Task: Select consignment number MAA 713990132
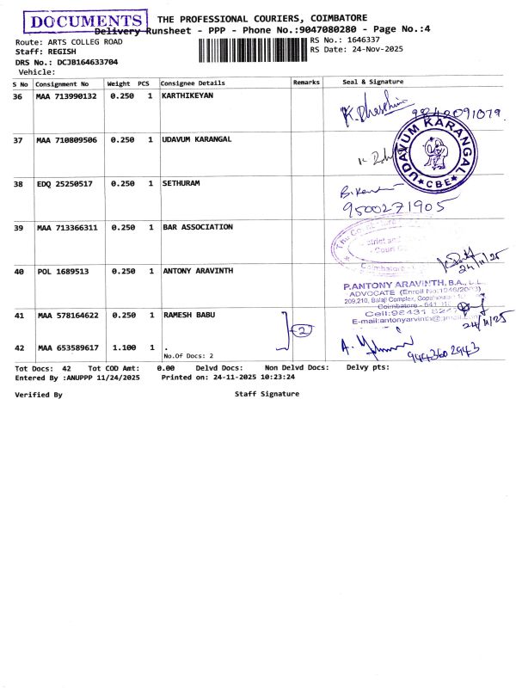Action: pyautogui.click(x=66, y=96)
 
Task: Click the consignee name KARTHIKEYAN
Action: pyautogui.click(x=187, y=96)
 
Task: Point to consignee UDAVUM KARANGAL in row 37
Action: pyautogui.click(x=197, y=139)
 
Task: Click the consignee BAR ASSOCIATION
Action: pyautogui.click(x=198, y=227)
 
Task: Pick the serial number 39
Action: pyautogui.click(x=18, y=228)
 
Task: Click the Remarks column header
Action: pyautogui.click(x=306, y=83)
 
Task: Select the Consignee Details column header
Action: pyautogui.click(x=193, y=83)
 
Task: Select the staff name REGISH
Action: pyautogui.click(x=61, y=52)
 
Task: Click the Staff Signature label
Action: pyautogui.click(x=267, y=394)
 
